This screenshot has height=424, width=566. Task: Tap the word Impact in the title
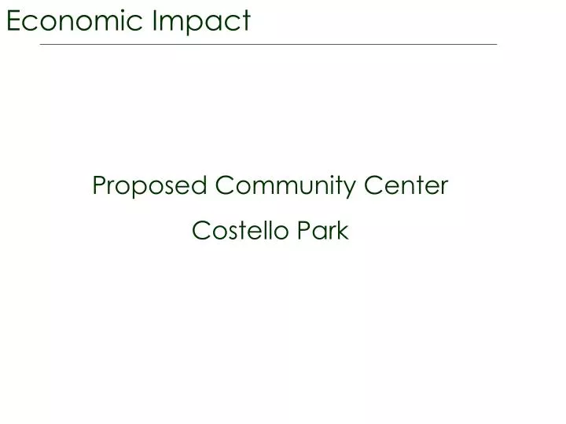coord(204,21)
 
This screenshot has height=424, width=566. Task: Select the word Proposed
coord(149,186)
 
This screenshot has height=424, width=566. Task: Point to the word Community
coord(286,186)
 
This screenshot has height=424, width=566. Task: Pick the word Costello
coord(241,231)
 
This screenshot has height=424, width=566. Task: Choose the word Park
coord(322,231)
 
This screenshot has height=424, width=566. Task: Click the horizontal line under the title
coord(268,45)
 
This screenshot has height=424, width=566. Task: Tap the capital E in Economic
coord(13,21)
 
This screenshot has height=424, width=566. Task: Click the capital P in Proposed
coord(98,186)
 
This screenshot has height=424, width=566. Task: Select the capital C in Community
coord(224,186)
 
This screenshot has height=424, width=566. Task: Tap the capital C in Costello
coord(200,231)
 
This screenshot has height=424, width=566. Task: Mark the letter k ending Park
coord(343,231)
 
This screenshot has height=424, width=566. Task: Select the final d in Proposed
coord(200,186)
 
